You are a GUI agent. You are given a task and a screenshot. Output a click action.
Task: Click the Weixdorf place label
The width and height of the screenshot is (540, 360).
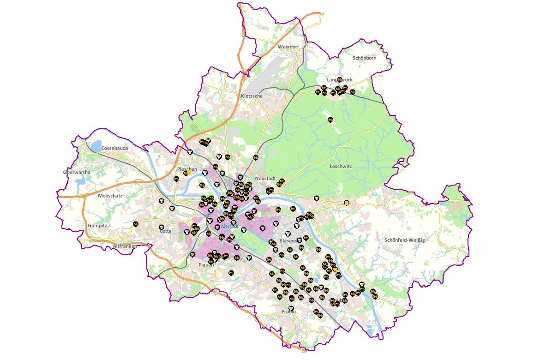[x=289, y=47]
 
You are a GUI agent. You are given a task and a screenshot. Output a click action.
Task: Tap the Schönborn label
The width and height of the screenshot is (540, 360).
[x=365, y=58]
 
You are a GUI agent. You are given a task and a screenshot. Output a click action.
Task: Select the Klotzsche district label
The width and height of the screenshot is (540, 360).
[x=252, y=96]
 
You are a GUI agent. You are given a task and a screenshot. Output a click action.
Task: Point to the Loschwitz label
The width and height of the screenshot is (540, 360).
[x=341, y=166]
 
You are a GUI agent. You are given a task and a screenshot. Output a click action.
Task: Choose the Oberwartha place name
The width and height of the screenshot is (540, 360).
[x=77, y=172]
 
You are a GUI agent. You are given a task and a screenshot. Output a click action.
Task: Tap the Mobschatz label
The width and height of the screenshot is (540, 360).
[x=110, y=196]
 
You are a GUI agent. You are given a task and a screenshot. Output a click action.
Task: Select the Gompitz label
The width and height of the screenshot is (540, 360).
[x=97, y=226]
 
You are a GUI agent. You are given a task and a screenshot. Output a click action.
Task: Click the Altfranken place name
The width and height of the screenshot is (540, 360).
[x=125, y=246]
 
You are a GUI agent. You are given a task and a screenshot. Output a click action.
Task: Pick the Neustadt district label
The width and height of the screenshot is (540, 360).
[x=265, y=179]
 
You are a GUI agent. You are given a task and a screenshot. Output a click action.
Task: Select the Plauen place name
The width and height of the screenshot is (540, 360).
[x=206, y=265]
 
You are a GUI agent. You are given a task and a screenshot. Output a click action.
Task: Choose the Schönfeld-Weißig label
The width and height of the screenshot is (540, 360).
[x=404, y=240]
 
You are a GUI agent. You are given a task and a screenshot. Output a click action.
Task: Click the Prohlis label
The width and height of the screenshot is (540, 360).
[x=289, y=312]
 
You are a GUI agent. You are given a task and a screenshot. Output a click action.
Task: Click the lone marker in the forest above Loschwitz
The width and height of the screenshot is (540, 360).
[x=330, y=120]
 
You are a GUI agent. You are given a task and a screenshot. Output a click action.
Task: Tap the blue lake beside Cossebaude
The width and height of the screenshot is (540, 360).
[x=96, y=146]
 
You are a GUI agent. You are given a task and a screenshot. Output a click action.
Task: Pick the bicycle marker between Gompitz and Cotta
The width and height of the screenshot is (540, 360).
[x=136, y=224]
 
